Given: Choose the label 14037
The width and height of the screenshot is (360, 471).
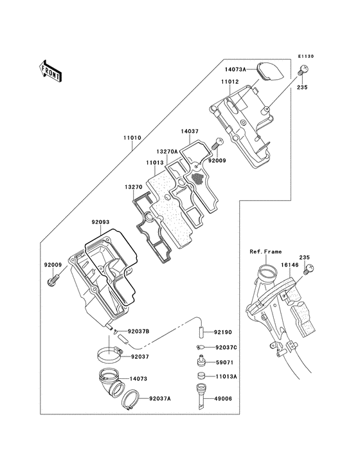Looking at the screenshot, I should (189, 131).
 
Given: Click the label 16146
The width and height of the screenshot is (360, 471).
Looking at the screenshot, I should (288, 264).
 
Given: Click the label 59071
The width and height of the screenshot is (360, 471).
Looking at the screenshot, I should (225, 362).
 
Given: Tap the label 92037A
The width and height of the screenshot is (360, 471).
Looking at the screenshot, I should (160, 398).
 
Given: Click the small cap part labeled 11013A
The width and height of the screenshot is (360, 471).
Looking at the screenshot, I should (201, 376).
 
